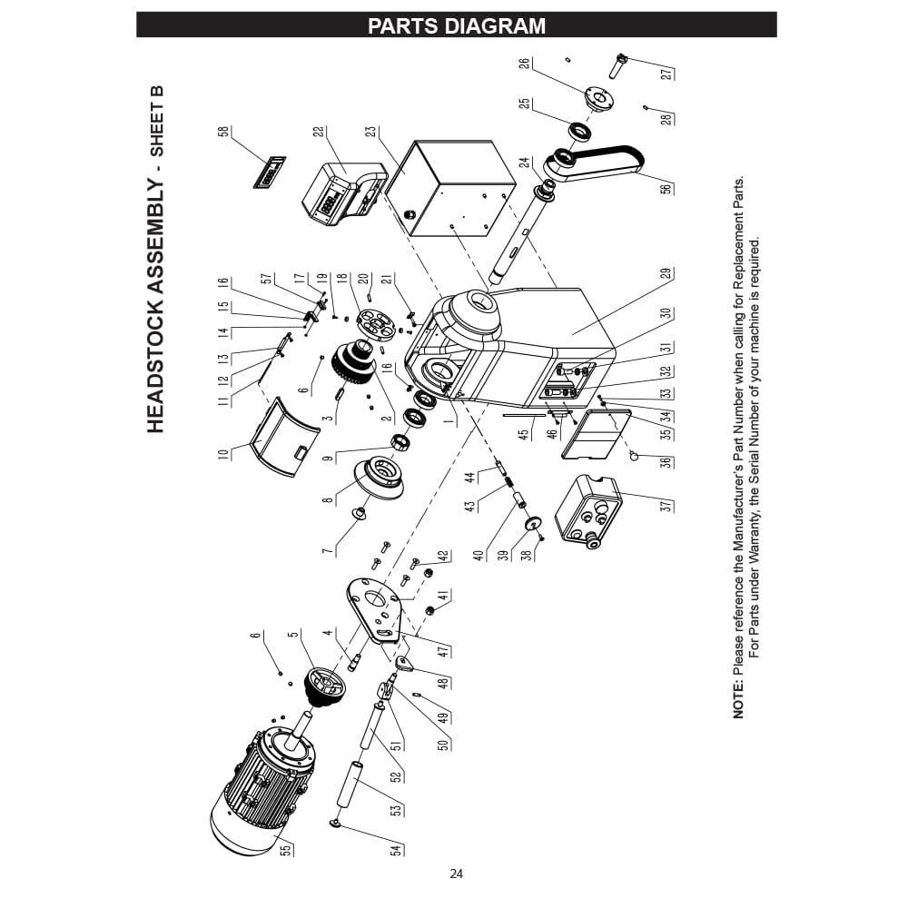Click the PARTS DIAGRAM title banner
coord(456,25)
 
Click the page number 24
coord(456,874)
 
